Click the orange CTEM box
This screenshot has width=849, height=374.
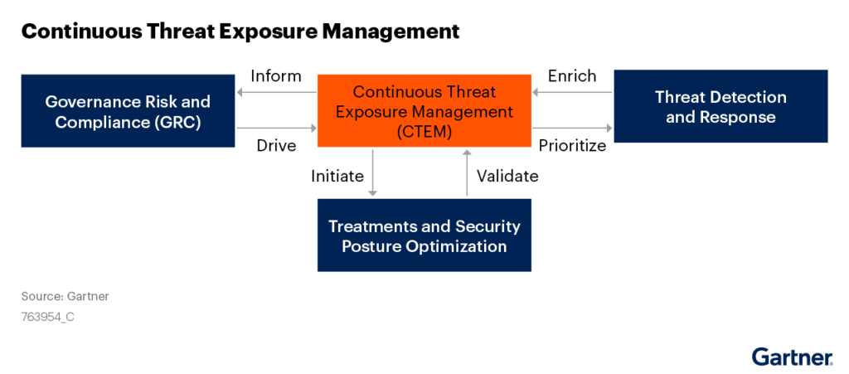click(x=424, y=111)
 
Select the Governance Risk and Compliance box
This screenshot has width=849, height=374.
click(x=128, y=111)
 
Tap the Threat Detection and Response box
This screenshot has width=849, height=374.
click(x=720, y=107)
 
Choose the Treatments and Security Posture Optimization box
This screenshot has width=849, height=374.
click(x=424, y=236)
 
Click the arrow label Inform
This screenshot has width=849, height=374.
click(x=276, y=76)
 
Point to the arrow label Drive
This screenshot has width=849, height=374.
click(x=277, y=146)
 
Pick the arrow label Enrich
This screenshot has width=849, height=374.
click(x=572, y=76)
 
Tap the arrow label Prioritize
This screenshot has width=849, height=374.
click(x=572, y=146)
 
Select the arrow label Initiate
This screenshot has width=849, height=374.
click(x=337, y=176)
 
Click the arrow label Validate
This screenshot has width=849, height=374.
click(x=507, y=176)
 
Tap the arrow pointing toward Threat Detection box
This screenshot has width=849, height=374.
click(x=572, y=129)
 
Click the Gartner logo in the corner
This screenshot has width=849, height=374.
click(x=792, y=357)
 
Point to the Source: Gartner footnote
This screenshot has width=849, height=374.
click(x=65, y=296)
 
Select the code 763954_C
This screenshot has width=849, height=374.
click(x=48, y=316)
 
